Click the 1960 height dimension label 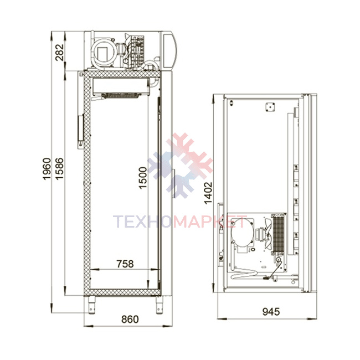click(47, 169)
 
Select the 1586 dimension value click(59, 169)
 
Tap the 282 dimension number click(60, 53)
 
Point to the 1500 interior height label click(143, 178)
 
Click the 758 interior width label click(125, 264)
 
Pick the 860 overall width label click(130, 319)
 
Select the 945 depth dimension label click(271, 312)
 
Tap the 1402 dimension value click(208, 193)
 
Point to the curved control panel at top click(170, 50)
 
